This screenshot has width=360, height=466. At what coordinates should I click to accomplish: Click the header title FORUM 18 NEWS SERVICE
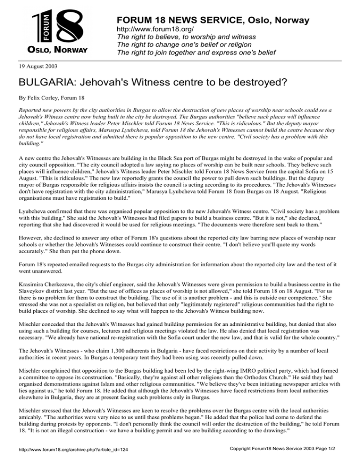pyautogui.click(x=212, y=20)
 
